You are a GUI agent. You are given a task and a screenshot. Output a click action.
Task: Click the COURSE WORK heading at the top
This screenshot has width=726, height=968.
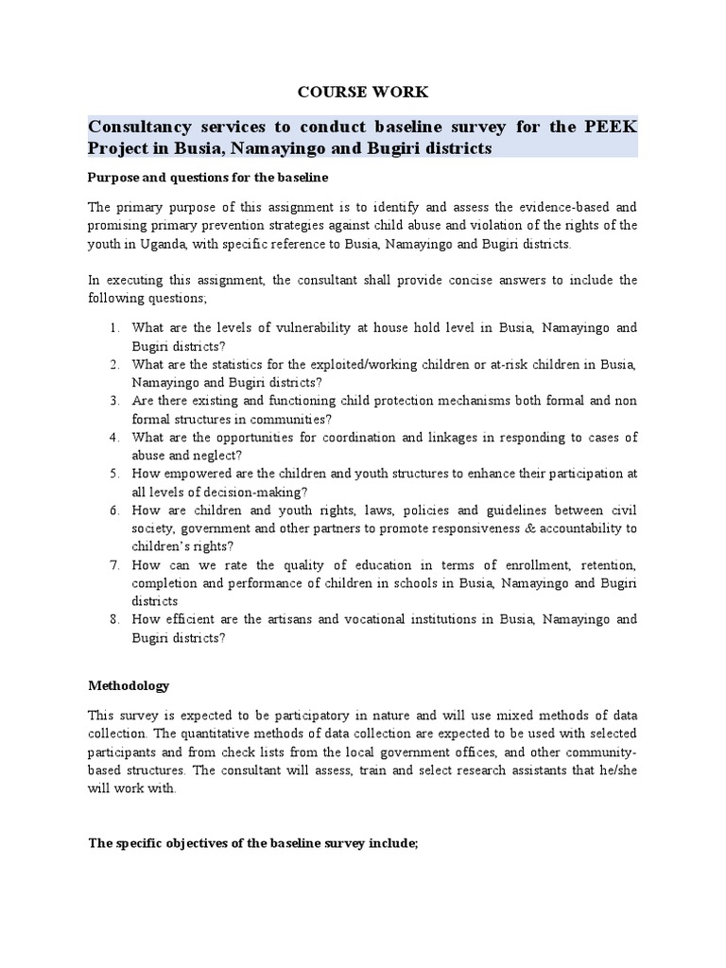click(364, 92)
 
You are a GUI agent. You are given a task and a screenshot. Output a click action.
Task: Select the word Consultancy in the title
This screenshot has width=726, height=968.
click(144, 127)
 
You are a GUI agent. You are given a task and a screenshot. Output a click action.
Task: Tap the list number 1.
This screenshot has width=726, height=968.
click(112, 328)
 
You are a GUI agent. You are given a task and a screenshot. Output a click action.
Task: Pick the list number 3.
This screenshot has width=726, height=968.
click(112, 401)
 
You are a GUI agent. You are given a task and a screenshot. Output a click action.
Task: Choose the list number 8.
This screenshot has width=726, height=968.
click(112, 619)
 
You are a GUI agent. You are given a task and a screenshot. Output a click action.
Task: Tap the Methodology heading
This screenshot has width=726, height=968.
click(129, 684)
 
